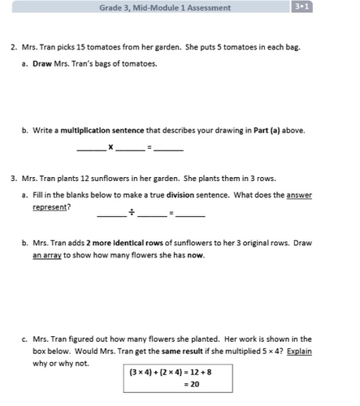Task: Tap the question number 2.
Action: [x=14, y=47]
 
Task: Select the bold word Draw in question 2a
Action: [x=41, y=63]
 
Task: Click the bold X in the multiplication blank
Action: [x=111, y=148]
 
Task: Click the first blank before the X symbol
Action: [x=90, y=149]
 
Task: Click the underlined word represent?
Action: [x=51, y=207]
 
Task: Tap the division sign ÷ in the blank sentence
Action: [x=131, y=214]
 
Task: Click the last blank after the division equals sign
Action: [x=190, y=214]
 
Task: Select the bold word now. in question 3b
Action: [x=195, y=255]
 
